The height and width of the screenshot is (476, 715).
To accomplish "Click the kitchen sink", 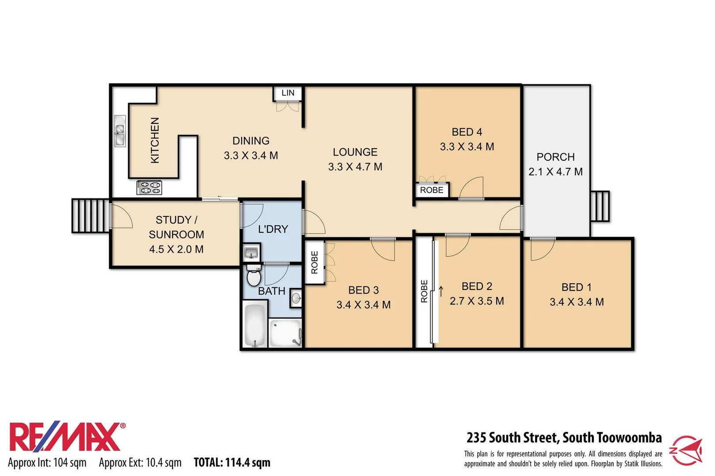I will click(120, 131).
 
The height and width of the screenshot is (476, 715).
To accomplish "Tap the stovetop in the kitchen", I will click(149, 188).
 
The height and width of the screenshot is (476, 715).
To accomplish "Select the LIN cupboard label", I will click(288, 93).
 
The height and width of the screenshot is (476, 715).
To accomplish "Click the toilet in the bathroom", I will click(253, 276).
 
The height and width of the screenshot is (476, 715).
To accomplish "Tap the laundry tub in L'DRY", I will click(251, 253).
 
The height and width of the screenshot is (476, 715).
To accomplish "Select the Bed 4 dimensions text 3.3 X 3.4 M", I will click(467, 147).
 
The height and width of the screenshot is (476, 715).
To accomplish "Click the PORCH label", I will click(555, 157).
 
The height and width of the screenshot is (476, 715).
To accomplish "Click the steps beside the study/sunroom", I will click(90, 216).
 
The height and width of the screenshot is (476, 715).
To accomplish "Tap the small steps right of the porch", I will click(599, 206).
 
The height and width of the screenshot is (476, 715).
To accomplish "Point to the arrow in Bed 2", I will click(441, 291).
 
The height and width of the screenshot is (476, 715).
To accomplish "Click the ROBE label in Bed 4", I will click(431, 190).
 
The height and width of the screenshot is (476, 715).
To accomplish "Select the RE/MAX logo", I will click(66, 437).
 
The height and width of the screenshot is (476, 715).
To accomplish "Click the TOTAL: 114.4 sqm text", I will click(232, 462).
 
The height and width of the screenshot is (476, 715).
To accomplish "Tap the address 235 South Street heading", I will click(564, 438).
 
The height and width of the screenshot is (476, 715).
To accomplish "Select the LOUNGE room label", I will click(355, 152).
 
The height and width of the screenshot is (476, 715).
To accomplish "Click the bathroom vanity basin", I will click(296, 298).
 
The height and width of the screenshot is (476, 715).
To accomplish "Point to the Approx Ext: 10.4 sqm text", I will click(140, 462).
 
